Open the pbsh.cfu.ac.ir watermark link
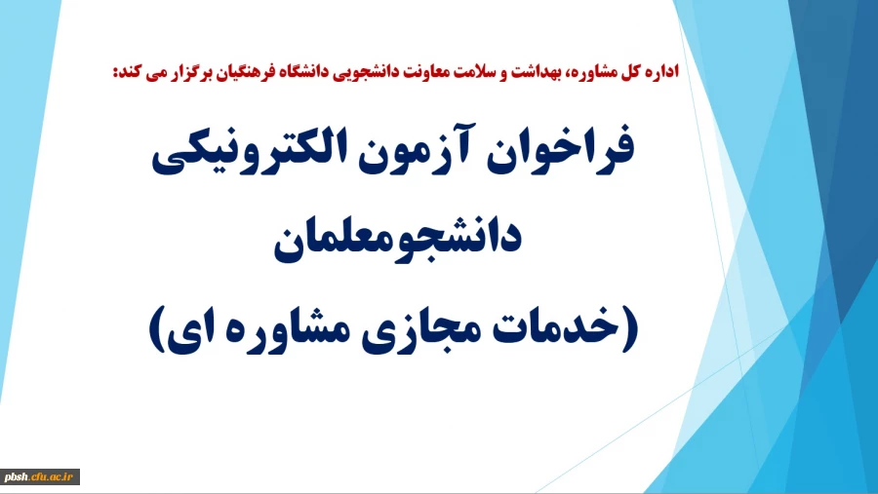(x=40, y=476)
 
